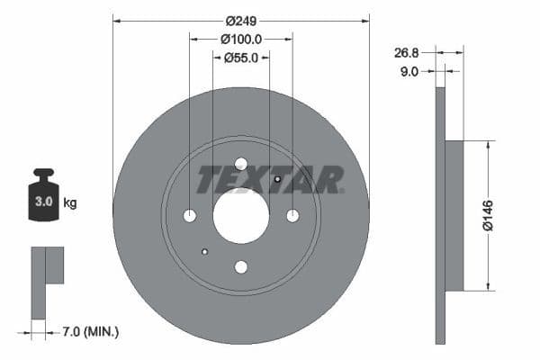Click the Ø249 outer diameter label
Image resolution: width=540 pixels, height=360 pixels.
tap(241, 21)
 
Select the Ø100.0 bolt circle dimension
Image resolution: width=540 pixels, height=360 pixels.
tap(241, 39)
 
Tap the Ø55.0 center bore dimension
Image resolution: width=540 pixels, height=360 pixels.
tap(241, 57)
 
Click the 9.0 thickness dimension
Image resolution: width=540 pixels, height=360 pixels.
tap(409, 71)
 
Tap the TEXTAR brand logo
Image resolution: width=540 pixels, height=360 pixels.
tap(270, 179)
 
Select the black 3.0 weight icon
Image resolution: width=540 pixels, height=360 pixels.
tap(43, 196)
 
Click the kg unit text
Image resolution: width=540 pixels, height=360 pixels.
tap(70, 202)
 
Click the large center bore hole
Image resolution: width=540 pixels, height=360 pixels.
tap(241, 216)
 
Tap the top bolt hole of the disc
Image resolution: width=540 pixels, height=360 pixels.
tap(241, 164)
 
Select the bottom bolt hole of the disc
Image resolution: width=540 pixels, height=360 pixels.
tap(241, 266)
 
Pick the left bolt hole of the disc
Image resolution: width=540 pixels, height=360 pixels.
tap(190, 216)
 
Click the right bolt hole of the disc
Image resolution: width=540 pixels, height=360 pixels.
tap(292, 216)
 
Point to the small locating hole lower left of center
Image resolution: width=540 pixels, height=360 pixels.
tap(205, 252)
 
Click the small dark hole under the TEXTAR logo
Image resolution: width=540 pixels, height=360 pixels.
tap(277, 179)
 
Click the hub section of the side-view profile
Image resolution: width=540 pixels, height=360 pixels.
tap(454, 216)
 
